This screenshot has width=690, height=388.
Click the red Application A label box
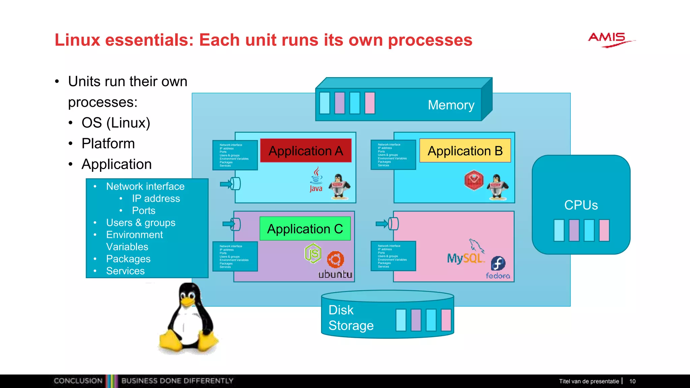[306, 151]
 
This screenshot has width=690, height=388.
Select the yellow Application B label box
[465, 151]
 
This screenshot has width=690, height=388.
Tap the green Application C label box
[305, 229]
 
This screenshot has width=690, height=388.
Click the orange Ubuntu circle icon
[336, 259]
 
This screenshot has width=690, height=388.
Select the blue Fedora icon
[498, 263]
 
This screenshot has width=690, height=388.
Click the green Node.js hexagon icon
[313, 253]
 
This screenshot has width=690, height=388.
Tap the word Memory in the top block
[451, 105]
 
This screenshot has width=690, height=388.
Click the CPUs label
[581, 205]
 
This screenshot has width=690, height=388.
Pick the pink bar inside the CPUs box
[604, 230]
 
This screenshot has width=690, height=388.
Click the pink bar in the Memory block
[370, 103]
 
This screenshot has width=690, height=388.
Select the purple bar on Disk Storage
[416, 320]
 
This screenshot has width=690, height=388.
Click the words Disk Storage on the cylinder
[350, 318]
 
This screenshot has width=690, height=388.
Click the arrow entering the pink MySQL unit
[383, 224]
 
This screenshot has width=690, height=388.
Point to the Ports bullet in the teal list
[144, 211]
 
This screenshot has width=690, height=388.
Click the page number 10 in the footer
[632, 381]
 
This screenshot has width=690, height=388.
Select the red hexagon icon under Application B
[474, 180]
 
